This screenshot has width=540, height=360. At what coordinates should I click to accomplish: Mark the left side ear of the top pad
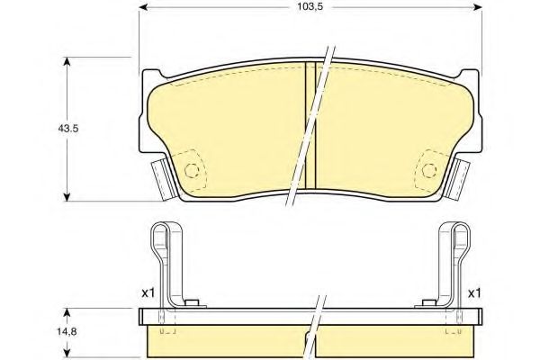pos(161,176)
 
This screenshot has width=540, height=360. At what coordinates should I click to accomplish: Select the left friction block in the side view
pos(225,340)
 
